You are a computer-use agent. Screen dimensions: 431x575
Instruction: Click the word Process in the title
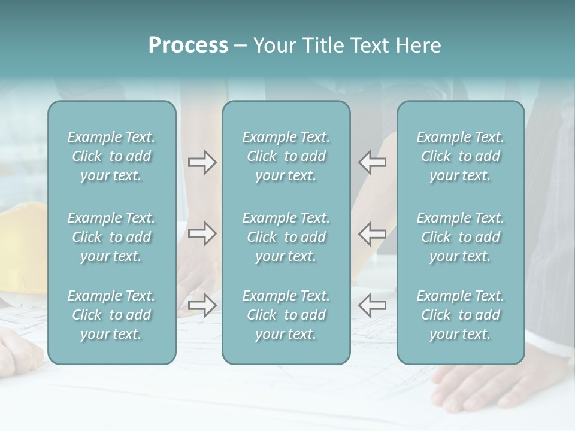pos(188,45)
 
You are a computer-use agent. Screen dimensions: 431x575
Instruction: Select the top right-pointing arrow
pos(202,162)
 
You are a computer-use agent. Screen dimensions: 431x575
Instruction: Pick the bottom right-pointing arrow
pos(202,305)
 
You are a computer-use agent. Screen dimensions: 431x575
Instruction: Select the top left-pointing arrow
pos(372,162)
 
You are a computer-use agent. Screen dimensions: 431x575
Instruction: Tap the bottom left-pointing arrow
pos(372,305)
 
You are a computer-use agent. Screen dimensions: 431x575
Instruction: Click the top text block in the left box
pos(111,156)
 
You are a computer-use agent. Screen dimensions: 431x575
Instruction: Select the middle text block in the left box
pos(111,237)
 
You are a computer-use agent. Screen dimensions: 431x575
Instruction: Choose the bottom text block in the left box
pos(111,315)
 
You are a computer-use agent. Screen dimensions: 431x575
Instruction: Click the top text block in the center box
pos(286,156)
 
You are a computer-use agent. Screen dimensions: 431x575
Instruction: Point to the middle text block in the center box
pos(286,237)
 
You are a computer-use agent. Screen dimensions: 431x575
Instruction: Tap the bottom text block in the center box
pos(286,315)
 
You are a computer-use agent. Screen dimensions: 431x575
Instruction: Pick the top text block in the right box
pos(460,156)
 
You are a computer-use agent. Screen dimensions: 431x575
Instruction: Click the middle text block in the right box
pos(460,237)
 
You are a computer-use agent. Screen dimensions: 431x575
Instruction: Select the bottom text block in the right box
pos(460,315)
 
